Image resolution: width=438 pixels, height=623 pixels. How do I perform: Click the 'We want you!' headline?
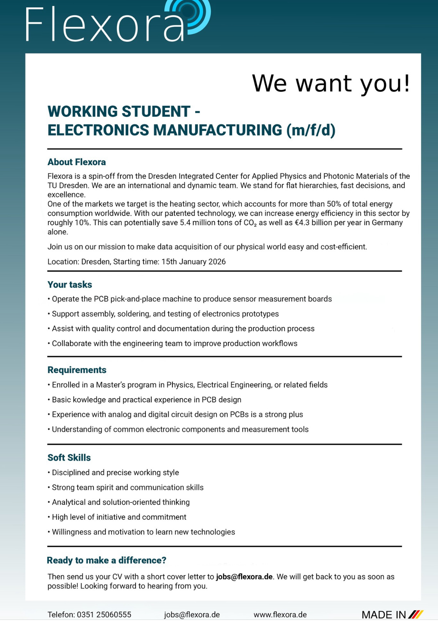click(331, 83)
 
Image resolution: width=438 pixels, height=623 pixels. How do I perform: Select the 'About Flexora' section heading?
click(77, 162)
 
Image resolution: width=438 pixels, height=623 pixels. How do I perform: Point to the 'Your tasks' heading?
click(70, 285)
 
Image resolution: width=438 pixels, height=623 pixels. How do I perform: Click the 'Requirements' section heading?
click(77, 370)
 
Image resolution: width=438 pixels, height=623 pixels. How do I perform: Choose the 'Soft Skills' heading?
click(69, 458)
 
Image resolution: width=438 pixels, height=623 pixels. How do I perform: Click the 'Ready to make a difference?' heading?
click(107, 560)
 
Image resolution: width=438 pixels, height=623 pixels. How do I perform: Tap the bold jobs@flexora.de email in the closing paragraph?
click(244, 577)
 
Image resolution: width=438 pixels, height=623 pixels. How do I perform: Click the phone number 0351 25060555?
click(104, 615)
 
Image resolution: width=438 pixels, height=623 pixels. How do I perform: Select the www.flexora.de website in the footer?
click(280, 615)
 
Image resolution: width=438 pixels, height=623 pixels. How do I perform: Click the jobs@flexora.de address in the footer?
click(192, 615)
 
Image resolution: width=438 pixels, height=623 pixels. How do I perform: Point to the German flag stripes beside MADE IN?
click(416, 615)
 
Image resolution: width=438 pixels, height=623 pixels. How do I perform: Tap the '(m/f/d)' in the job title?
click(311, 130)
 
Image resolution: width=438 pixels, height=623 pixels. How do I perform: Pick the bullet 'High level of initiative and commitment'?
click(119, 517)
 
